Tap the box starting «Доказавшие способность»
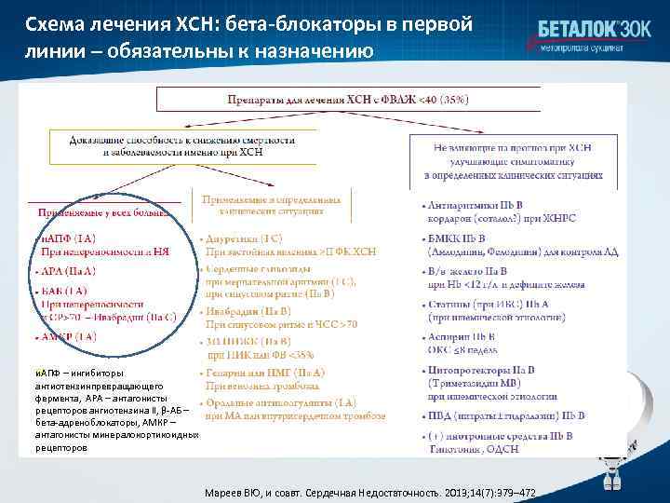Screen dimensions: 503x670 point(181,146)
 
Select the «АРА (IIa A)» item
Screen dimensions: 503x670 point(70,270)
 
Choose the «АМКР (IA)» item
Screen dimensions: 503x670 point(69,335)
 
